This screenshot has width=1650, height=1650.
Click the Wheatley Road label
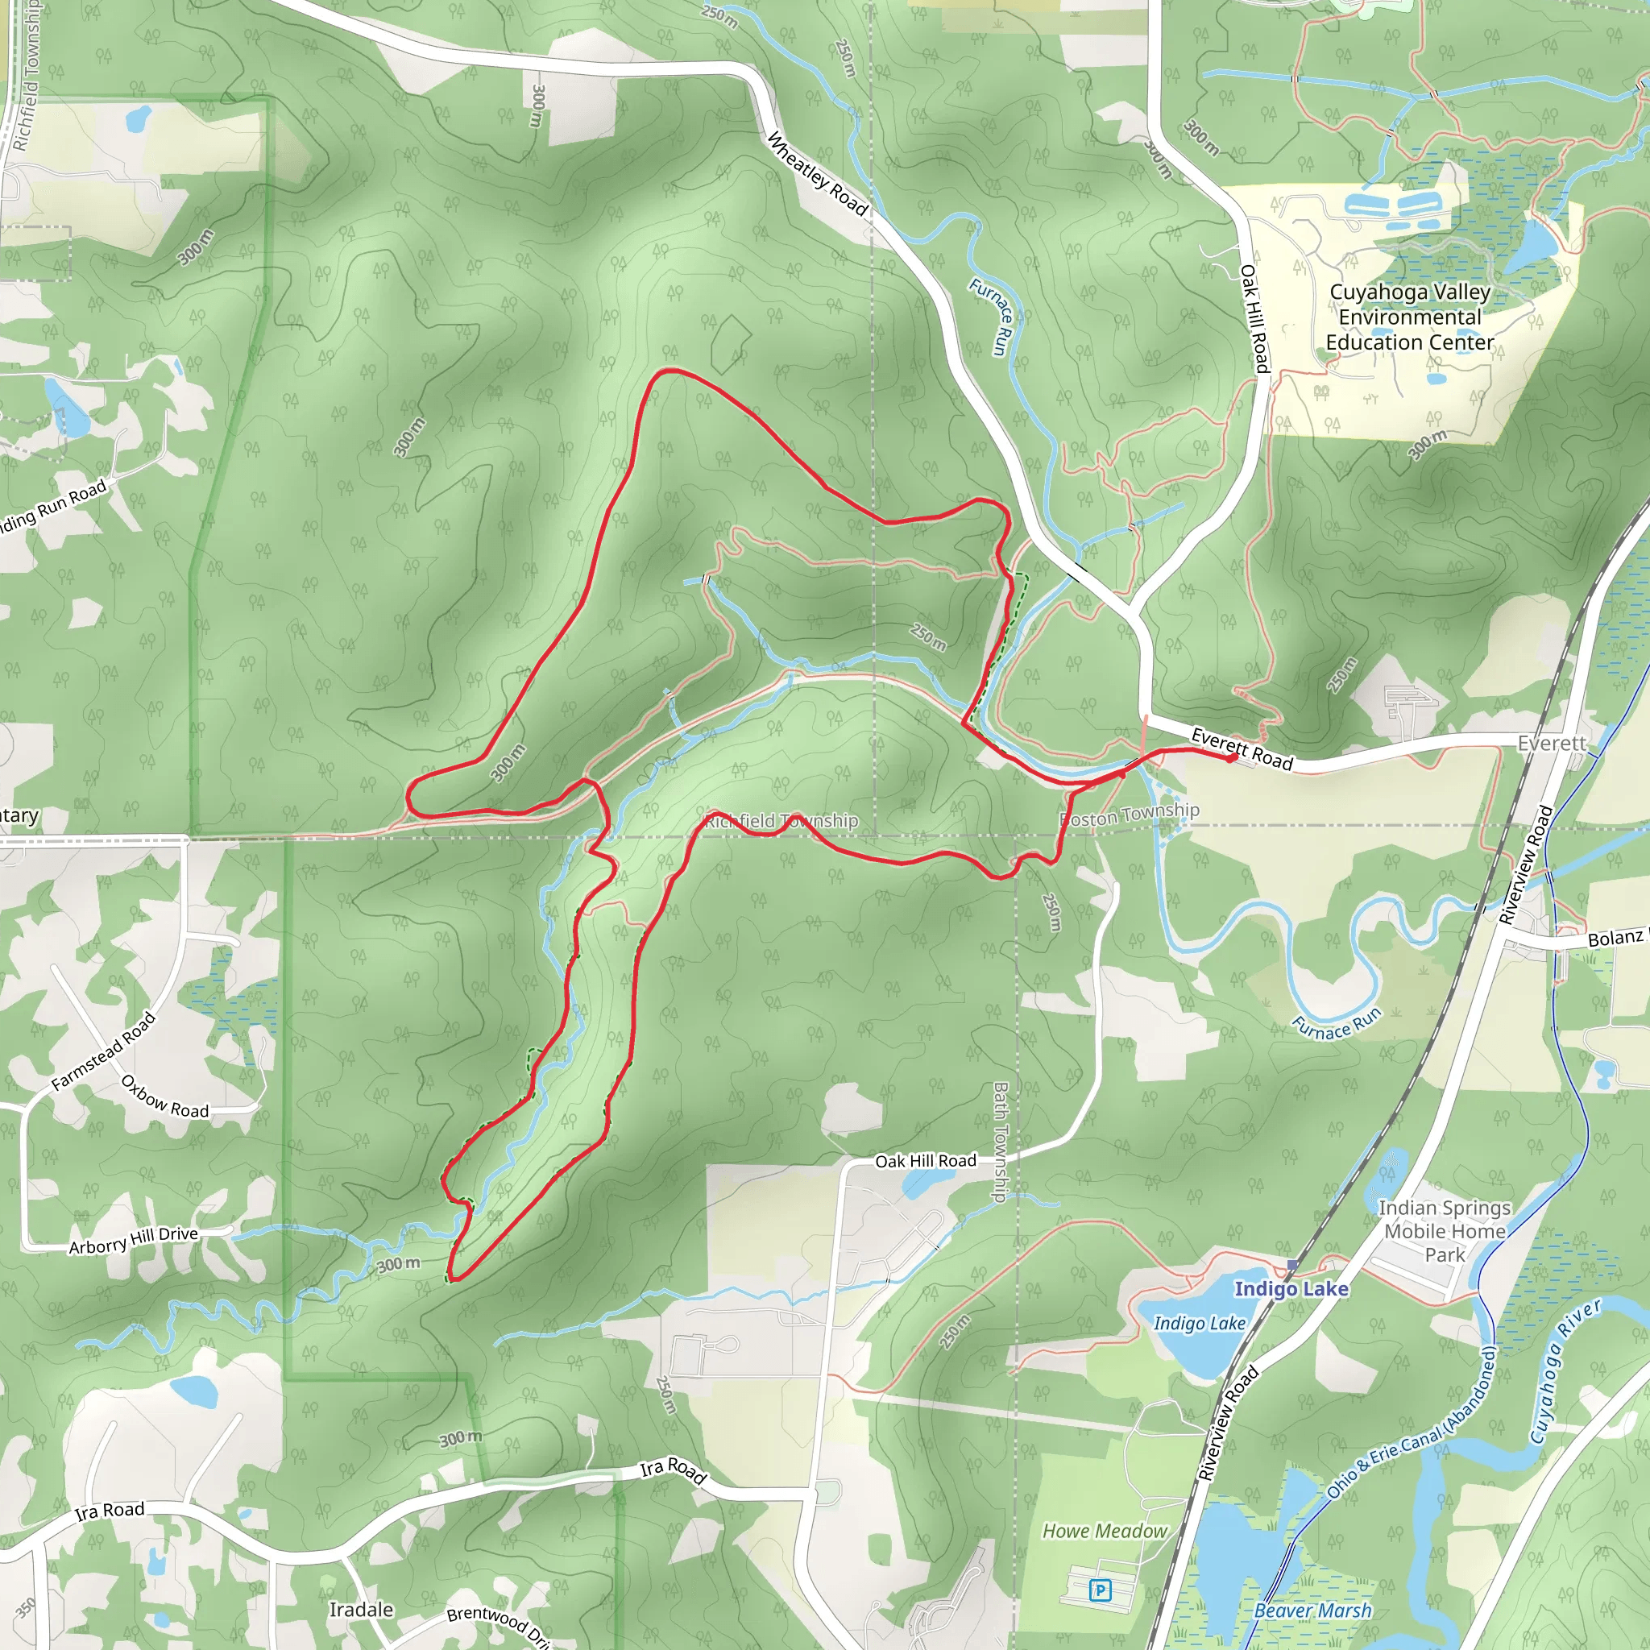pos(817,175)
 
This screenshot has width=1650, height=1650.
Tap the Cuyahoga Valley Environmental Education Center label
pos(1410,317)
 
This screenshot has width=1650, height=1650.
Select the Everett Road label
pos(1242,750)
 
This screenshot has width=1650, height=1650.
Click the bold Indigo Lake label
pos(1291,1289)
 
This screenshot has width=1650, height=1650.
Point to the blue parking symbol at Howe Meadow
pos(1101,1590)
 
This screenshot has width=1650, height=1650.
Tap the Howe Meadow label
pos(1105,1532)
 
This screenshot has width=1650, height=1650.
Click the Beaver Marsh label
pos(1312,1611)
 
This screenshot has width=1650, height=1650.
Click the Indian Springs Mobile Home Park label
pos(1445,1231)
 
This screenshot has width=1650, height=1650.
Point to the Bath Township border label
pos(1000,1142)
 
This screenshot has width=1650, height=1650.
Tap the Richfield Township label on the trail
pos(781,821)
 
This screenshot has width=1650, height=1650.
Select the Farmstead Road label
pos(103,1051)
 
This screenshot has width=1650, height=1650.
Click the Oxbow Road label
pos(165,1097)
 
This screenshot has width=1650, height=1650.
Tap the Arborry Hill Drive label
pos(133,1240)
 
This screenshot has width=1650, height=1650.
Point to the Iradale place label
pos(361,1610)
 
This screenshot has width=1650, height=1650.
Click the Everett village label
pos(1551,743)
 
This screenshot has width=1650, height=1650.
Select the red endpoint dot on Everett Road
pos(1232,757)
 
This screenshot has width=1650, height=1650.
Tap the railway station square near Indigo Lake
pos(1292,1266)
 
